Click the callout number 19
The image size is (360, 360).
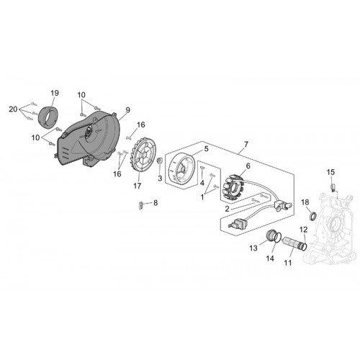tap(55, 93)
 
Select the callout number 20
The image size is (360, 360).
tap(13, 109)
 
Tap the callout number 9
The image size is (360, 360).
tap(127, 110)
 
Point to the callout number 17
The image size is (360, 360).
tap(138, 186)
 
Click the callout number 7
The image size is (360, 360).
tap(246, 145)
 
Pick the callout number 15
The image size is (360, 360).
tap(330, 172)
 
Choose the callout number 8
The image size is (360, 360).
tap(156, 203)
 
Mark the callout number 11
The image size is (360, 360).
tap(288, 263)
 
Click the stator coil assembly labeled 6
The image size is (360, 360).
tap(233, 189)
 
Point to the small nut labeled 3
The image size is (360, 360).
tap(159, 161)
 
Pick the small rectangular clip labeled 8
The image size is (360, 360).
tap(140, 205)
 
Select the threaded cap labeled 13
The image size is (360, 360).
tap(271, 235)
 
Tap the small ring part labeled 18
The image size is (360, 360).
tap(312, 215)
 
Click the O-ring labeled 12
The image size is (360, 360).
tap(305, 246)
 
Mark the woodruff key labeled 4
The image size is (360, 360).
tap(202, 168)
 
